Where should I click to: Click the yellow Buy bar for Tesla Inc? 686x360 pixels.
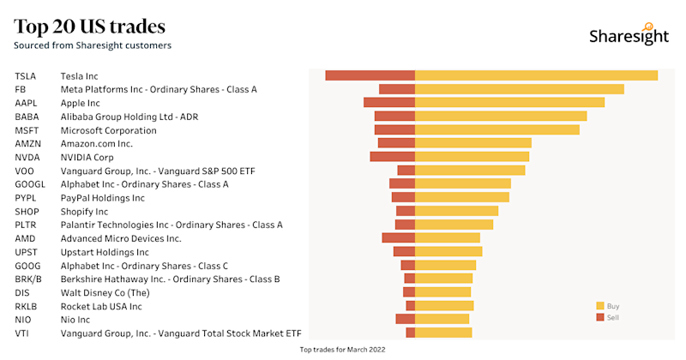pyautogui.click(x=536, y=75)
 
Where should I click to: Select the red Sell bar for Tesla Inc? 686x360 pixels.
pyautogui.click(x=370, y=75)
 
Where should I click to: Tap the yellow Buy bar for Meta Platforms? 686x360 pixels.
pyautogui.click(x=519, y=89)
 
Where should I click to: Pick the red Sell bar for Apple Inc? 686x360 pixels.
pyautogui.click(x=388, y=103)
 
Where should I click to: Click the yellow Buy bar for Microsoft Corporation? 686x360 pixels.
pyautogui.click(x=496, y=129)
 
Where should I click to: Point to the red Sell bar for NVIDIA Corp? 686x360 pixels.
pyautogui.click(x=392, y=157)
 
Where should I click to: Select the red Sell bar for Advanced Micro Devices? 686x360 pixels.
pyautogui.click(x=398, y=237)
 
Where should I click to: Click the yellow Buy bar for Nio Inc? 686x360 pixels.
pyautogui.click(x=442, y=319)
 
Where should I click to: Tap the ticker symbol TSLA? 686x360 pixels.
pyautogui.click(x=25, y=76)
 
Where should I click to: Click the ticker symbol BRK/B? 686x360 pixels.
pyautogui.click(x=27, y=279)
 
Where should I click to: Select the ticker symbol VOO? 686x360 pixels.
pyautogui.click(x=24, y=171)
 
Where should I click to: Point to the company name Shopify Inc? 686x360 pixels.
pyautogui.click(x=84, y=212)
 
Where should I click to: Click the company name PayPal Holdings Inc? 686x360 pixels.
pyautogui.click(x=102, y=198)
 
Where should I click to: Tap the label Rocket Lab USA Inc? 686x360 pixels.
pyautogui.click(x=101, y=306)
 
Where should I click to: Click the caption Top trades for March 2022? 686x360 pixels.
pyautogui.click(x=342, y=350)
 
